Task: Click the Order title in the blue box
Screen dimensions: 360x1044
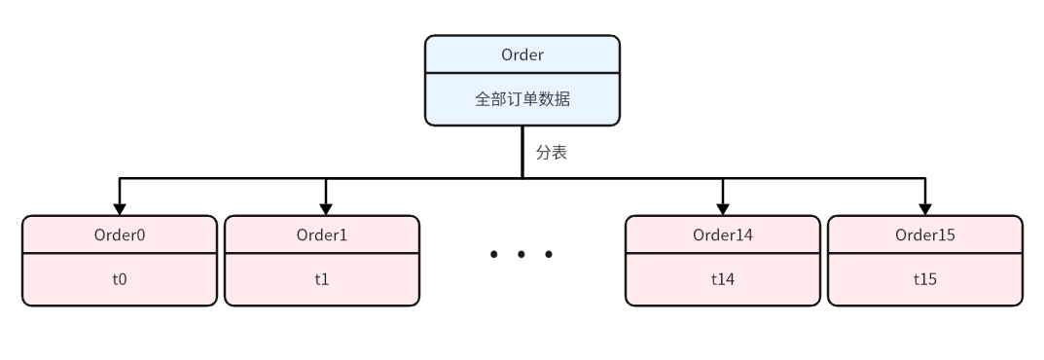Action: pyautogui.click(x=522, y=54)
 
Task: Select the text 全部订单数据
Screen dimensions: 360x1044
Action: pyautogui.click(x=522, y=98)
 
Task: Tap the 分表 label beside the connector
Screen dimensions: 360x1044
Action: pyautogui.click(x=551, y=153)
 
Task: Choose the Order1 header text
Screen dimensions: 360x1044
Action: pyautogui.click(x=322, y=234)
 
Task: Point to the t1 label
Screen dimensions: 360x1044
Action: pyautogui.click(x=322, y=279)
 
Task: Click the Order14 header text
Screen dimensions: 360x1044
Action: pyautogui.click(x=723, y=234)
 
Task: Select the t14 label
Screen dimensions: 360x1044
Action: pyautogui.click(x=723, y=279)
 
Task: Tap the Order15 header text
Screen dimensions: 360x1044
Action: pyautogui.click(x=925, y=234)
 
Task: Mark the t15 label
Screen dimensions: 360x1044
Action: pyautogui.click(x=925, y=279)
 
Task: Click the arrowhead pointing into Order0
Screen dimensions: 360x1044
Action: pyautogui.click(x=120, y=207)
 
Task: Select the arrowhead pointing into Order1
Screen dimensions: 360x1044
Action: pyautogui.click(x=327, y=207)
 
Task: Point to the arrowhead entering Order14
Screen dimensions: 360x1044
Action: pyautogui.click(x=723, y=207)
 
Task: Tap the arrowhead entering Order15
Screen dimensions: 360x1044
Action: pyautogui.click(x=925, y=207)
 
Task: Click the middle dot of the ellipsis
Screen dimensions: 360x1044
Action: pyautogui.click(x=522, y=255)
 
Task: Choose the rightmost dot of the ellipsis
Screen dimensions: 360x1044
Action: pyautogui.click(x=550, y=255)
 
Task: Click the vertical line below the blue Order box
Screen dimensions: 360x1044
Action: pyautogui.click(x=522, y=151)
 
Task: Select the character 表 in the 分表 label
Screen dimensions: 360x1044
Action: pyautogui.click(x=559, y=153)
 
